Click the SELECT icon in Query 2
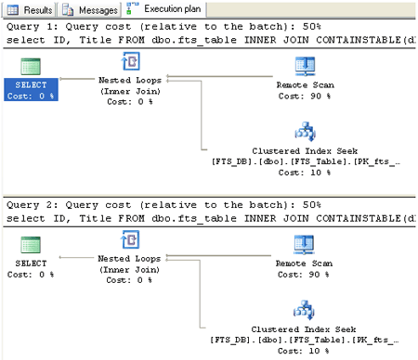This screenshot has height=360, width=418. click(31, 246)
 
